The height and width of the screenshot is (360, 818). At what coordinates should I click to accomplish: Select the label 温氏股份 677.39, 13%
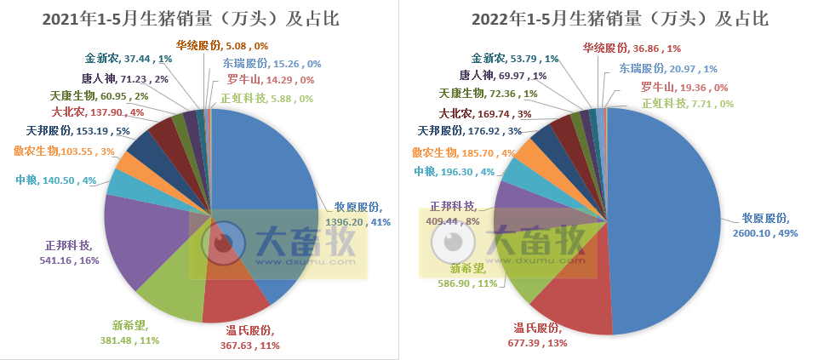click(x=539, y=334)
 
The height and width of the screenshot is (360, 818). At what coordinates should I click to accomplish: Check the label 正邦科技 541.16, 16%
click(x=69, y=253)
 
